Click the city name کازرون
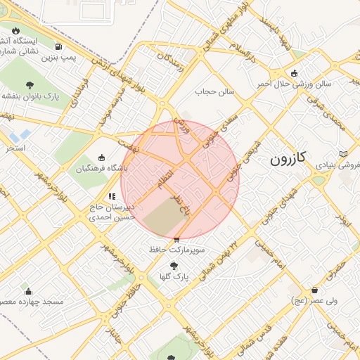point(287,159)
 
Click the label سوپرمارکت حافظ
point(176,250)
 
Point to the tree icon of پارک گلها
point(174,266)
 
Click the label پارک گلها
point(174,276)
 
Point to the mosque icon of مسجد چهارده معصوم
point(28,292)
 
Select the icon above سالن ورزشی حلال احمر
point(294,73)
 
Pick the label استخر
point(15,148)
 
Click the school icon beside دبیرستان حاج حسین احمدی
point(112,197)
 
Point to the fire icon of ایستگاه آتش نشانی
point(15,31)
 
